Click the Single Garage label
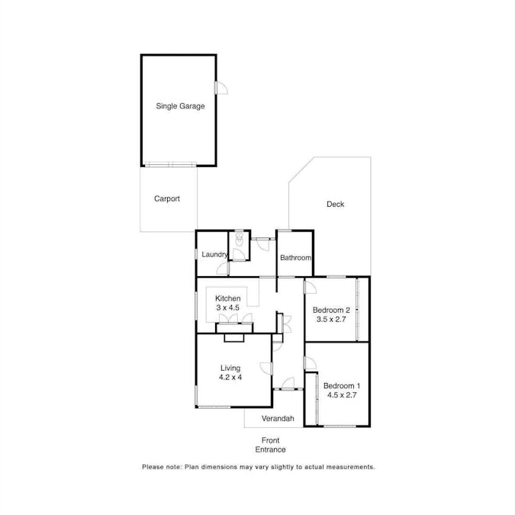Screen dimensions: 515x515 point(180,107)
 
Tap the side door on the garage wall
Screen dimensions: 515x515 point(220,89)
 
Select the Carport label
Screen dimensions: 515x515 point(167,199)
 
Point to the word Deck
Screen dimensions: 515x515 point(335,204)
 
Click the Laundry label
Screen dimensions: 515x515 point(214,255)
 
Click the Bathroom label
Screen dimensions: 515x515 point(295,258)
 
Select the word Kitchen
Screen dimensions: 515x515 point(227,298)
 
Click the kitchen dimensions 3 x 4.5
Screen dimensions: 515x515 point(227,307)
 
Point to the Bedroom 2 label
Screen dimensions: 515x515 point(331,311)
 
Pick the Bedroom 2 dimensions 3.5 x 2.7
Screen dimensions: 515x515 point(331,320)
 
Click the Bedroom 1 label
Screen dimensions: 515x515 point(340,386)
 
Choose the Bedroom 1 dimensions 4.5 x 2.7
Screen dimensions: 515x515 point(340,395)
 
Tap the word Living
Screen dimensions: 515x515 point(230,368)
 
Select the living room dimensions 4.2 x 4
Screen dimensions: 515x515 point(230,377)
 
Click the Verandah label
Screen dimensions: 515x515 point(278,419)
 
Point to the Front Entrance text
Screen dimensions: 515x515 point(270,445)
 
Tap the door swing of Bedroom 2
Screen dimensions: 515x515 point(310,288)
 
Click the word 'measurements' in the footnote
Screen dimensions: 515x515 point(347,466)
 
